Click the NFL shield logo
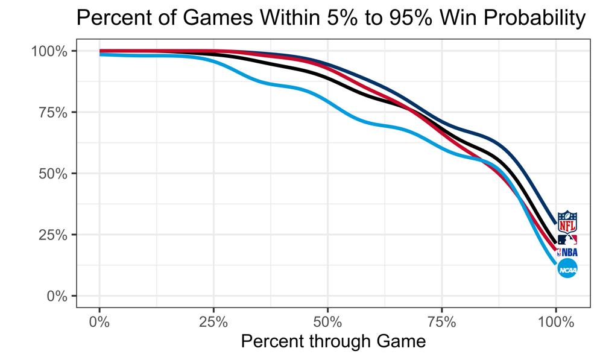(x=567, y=222)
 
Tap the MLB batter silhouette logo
(x=567, y=239)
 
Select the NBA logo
(x=567, y=253)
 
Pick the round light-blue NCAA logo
(x=567, y=269)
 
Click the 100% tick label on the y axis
(x=49, y=51)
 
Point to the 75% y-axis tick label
(x=52, y=113)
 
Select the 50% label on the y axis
(x=52, y=174)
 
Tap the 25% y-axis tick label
(x=52, y=235)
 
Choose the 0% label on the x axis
(x=99, y=320)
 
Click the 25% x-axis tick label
(x=213, y=320)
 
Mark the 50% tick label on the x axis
(x=327, y=320)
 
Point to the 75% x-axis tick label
(x=441, y=320)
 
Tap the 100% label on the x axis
(x=555, y=320)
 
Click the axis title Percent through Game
(x=333, y=341)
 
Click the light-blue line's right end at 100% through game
(x=555, y=263)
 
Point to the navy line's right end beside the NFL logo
(x=555, y=223)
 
